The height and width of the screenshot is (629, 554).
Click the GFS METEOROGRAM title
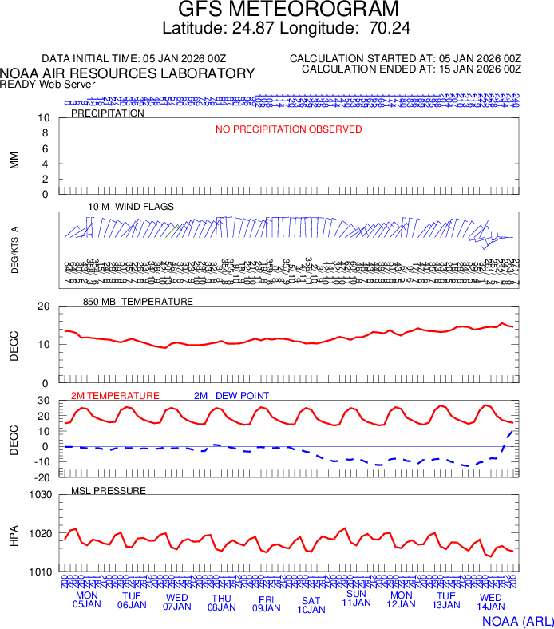pyautogui.click(x=287, y=10)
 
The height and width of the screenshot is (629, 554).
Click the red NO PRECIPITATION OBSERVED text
pyautogui.click(x=288, y=129)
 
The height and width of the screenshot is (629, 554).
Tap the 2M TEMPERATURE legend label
pyautogui.click(x=115, y=396)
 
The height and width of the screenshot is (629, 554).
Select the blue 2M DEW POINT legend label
pyautogui.click(x=231, y=396)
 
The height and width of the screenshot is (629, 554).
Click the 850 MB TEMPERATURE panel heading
pyautogui.click(x=138, y=302)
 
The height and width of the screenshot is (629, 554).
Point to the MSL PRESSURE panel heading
pyautogui.click(x=109, y=490)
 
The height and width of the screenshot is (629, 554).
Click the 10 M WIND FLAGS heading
pyautogui.click(x=131, y=207)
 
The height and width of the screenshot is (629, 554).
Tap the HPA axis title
pyautogui.click(x=14, y=533)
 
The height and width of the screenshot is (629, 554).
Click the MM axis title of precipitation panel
pyautogui.click(x=14, y=160)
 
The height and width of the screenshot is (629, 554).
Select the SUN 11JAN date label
pyautogui.click(x=356, y=599)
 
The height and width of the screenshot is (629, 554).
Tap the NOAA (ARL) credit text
pyautogui.click(x=516, y=620)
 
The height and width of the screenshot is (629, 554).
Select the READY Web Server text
pyautogui.click(x=48, y=84)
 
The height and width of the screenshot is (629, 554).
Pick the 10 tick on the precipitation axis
pyautogui.click(x=45, y=118)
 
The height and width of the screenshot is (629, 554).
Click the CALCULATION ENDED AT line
pyautogui.click(x=411, y=69)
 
